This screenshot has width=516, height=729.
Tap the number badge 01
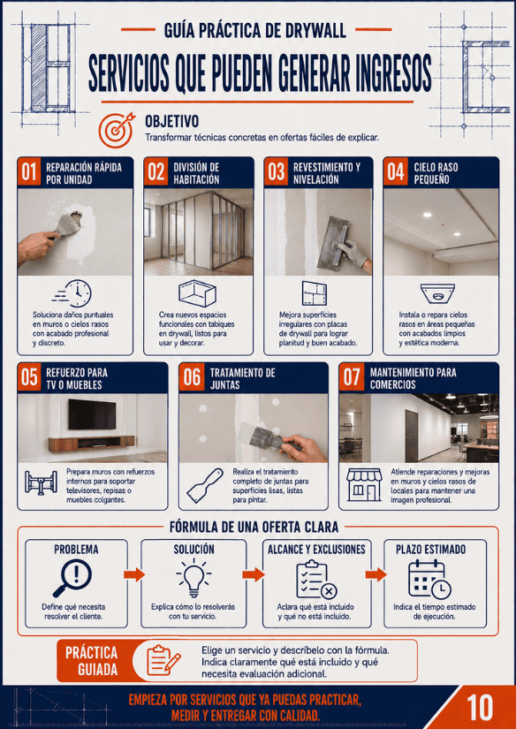(x=29, y=171)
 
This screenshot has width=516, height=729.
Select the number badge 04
(x=396, y=171)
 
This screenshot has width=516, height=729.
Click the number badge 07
(x=352, y=377)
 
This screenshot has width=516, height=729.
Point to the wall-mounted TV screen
(x=92, y=414)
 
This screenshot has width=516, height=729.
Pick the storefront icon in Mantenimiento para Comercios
(x=364, y=484)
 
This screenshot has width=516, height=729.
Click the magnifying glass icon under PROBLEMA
(x=72, y=578)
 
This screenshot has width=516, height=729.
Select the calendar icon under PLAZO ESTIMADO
(x=429, y=580)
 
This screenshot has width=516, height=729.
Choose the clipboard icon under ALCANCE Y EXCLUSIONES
(x=316, y=580)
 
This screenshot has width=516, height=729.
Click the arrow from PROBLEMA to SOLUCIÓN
(x=134, y=574)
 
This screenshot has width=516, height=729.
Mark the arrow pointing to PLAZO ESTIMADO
(x=376, y=574)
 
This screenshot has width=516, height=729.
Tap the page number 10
(x=480, y=708)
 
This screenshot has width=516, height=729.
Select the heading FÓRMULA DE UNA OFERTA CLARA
(x=254, y=528)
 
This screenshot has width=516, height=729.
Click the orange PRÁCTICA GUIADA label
(x=92, y=661)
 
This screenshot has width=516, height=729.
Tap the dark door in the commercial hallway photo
(x=412, y=436)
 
